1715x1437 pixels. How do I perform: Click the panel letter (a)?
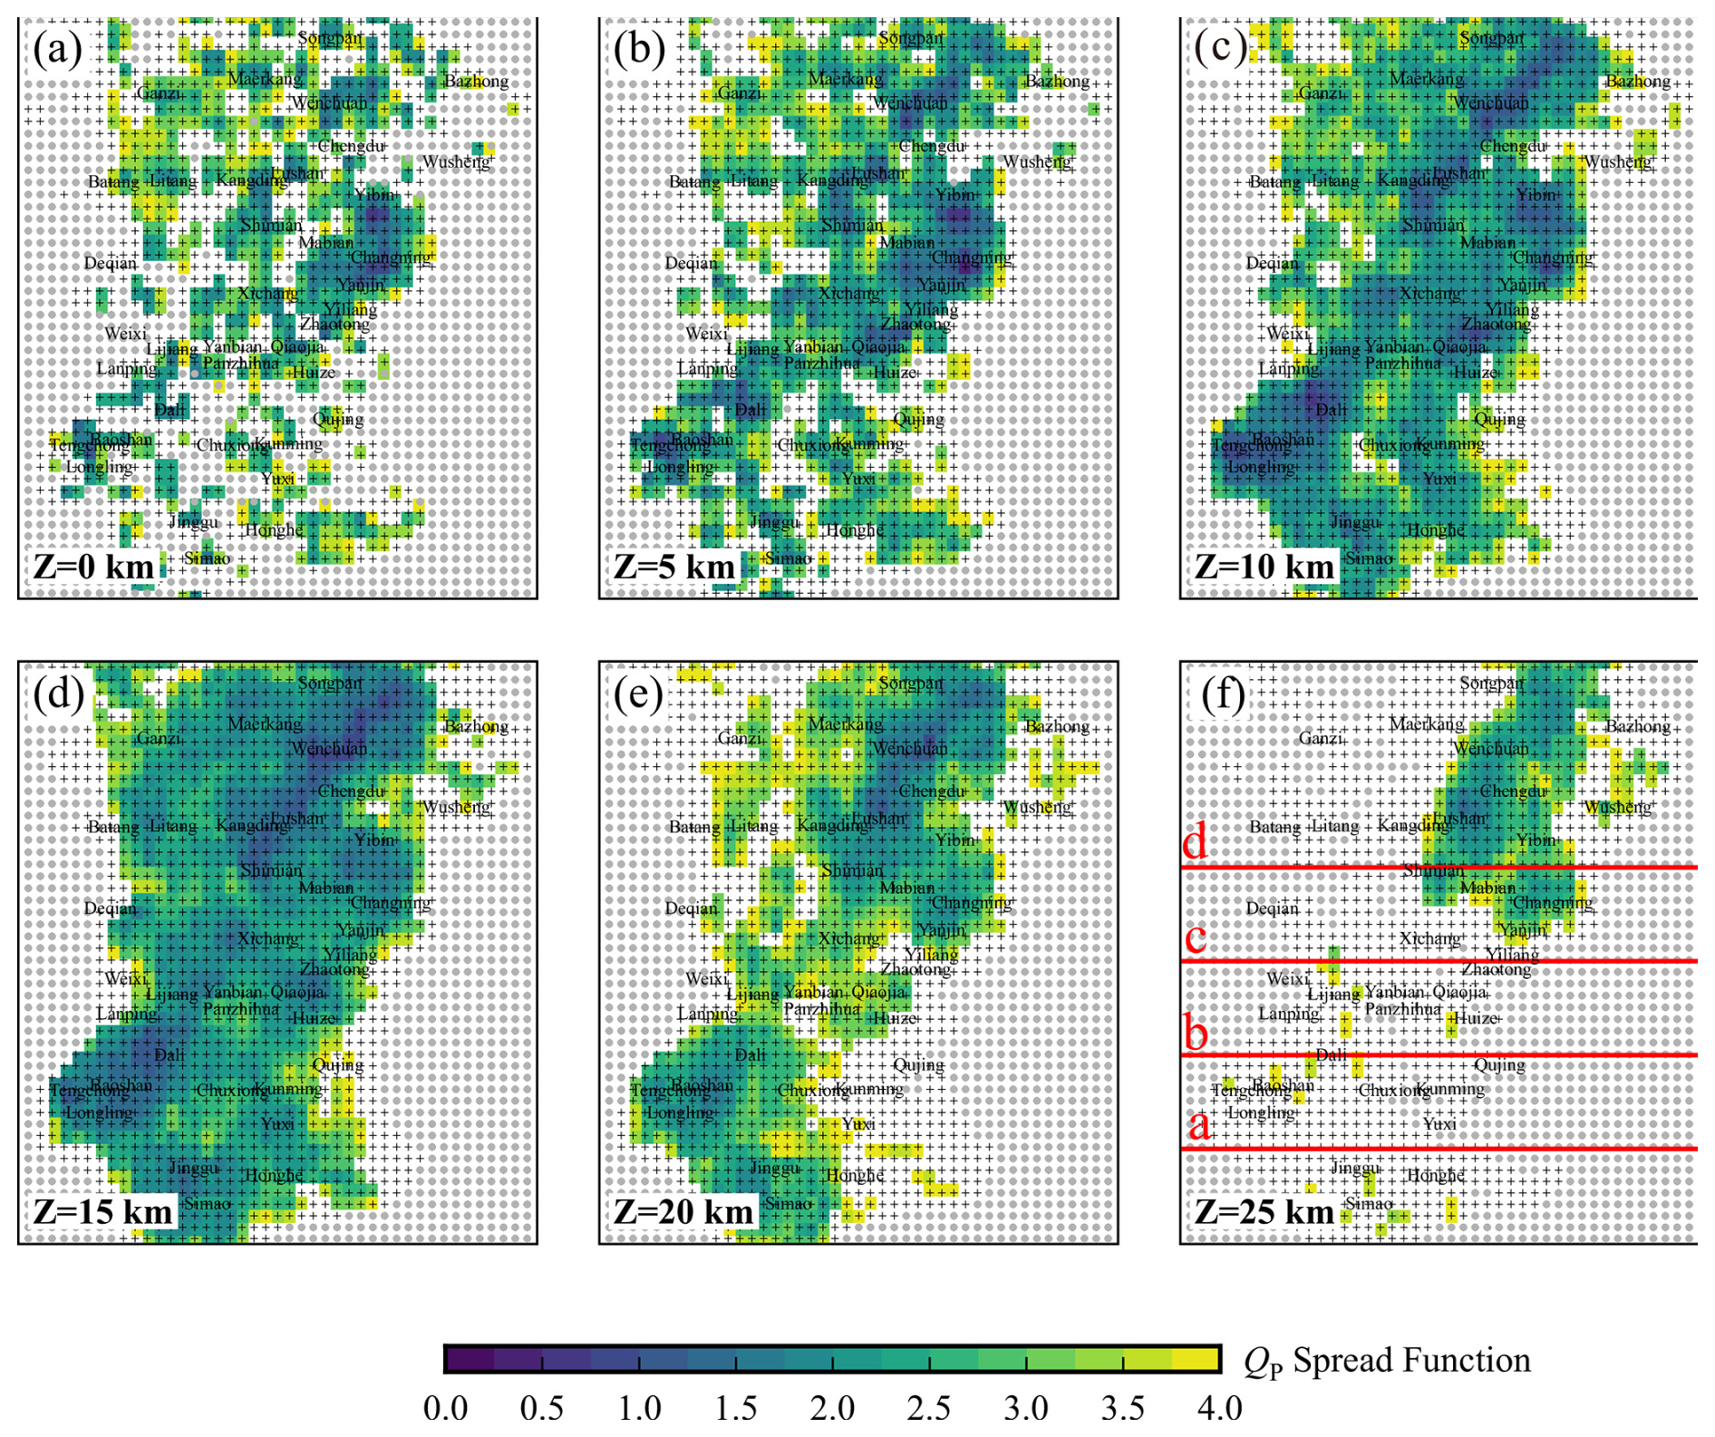58,48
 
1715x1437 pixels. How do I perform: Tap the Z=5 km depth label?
674,567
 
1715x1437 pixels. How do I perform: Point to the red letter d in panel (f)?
1196,842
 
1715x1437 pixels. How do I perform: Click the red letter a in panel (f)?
1199,1125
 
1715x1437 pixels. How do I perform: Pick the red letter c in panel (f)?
1196,937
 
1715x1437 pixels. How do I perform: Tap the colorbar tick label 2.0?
832,1408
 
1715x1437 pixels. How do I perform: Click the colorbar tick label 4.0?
1219,1408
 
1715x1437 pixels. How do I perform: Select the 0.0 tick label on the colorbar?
445,1408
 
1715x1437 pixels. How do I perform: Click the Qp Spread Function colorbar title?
1387,1361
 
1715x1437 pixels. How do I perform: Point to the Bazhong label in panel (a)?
476,82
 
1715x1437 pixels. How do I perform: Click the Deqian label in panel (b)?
691,263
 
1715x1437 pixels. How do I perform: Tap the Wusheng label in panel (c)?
1618,162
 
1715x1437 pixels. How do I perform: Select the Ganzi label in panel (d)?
159,738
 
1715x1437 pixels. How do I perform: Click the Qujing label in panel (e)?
918,1064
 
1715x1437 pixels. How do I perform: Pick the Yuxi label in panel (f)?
1439,1124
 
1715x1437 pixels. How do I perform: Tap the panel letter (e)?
639,694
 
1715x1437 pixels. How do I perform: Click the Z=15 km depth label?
102,1212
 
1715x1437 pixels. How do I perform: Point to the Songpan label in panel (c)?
1491,38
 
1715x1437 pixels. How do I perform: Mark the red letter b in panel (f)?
1196,1032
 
